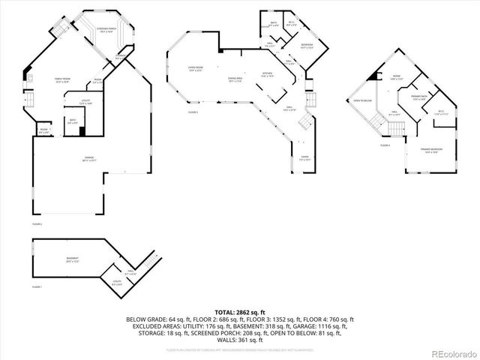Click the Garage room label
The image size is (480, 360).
78,158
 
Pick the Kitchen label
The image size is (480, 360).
266,74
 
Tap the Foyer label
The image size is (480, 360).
304,158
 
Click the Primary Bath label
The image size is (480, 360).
420,97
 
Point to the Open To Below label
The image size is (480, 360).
363,100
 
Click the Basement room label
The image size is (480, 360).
72,259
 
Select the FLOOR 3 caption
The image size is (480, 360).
193,112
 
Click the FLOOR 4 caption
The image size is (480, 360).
385,145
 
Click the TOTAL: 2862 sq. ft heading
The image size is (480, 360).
239,311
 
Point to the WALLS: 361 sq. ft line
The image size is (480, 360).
239,340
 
